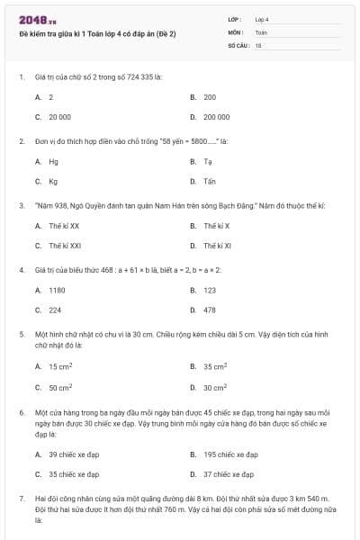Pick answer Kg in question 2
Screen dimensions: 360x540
pyautogui.click(x=53, y=181)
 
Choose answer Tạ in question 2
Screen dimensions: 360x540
pyautogui.click(x=208, y=161)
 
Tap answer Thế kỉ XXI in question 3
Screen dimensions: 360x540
pyautogui.click(x=65, y=245)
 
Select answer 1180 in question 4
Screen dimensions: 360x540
pyautogui.click(x=57, y=290)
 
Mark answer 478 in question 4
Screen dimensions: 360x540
pyautogui.click(x=209, y=310)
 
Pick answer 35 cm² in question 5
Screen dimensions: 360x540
pyautogui.click(x=215, y=366)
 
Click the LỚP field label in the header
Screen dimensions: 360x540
pyautogui.click(x=235, y=18)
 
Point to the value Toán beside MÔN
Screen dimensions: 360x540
pyautogui.click(x=261, y=31)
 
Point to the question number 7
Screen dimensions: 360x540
pyautogui.click(x=21, y=498)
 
